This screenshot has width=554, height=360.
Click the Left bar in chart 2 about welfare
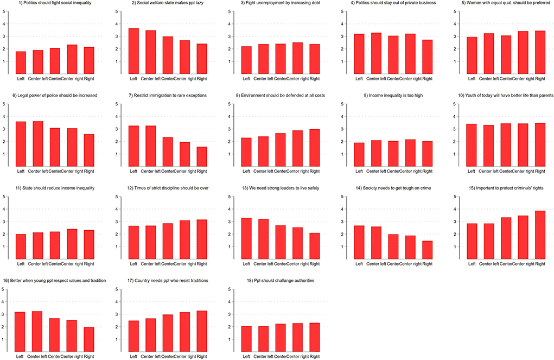point(133,51)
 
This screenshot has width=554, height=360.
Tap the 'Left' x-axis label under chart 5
point(472,79)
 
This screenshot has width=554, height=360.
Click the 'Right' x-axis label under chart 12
point(202,264)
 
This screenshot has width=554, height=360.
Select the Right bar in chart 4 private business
point(427,56)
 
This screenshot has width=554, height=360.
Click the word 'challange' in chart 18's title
point(276,281)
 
